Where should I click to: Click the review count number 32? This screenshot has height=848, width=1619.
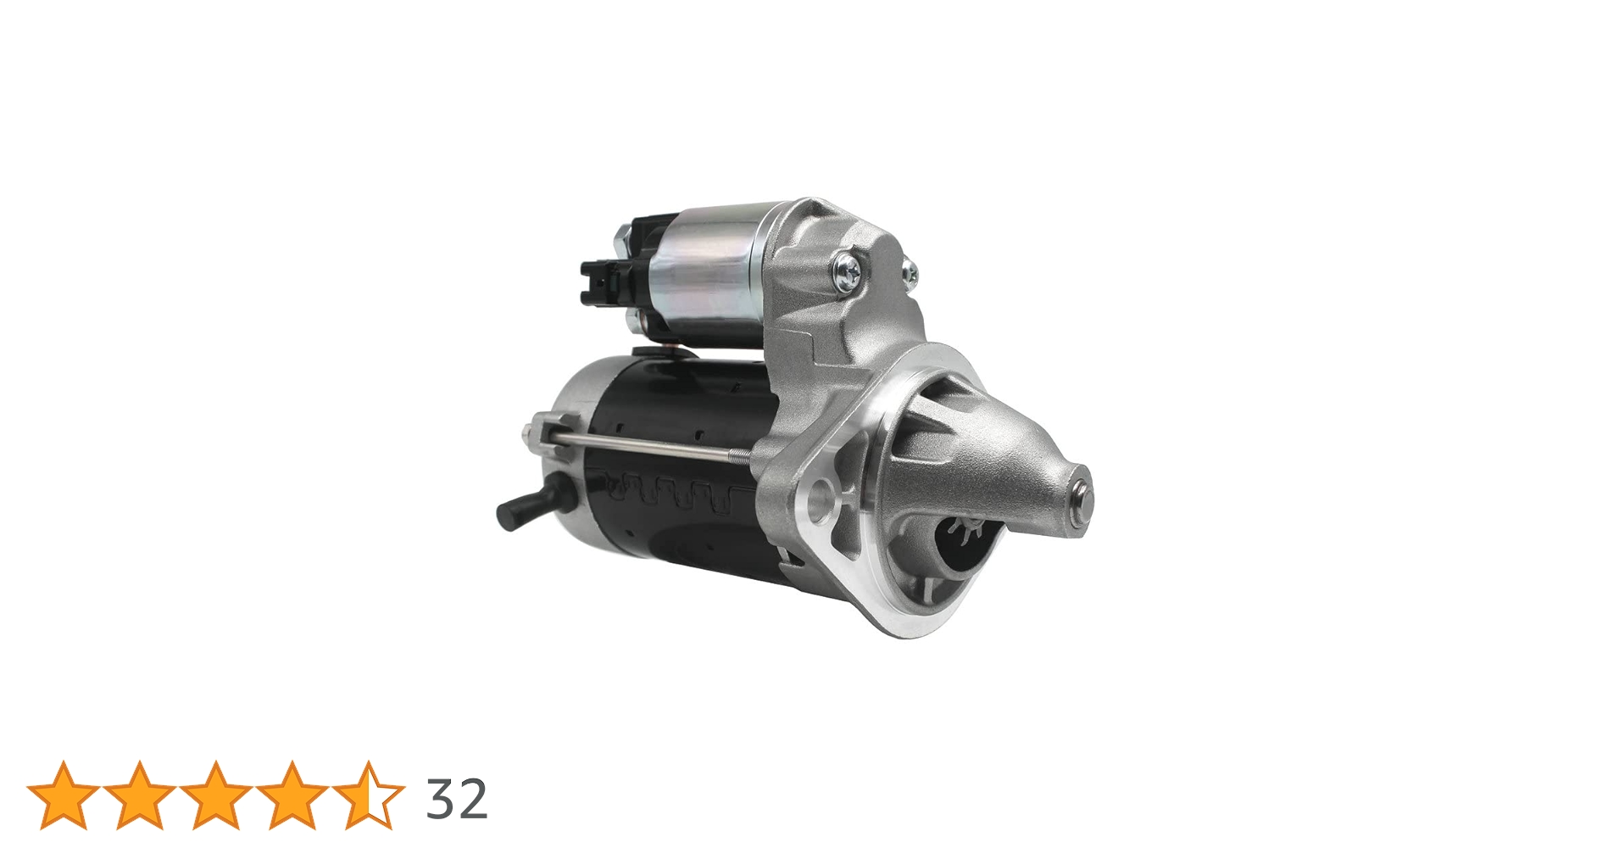457,799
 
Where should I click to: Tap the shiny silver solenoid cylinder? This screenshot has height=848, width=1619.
712,271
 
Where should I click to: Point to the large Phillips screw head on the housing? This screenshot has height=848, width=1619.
847,271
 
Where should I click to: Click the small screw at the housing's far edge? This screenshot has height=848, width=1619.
910,271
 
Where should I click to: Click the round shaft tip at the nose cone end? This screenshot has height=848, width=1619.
1082,497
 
